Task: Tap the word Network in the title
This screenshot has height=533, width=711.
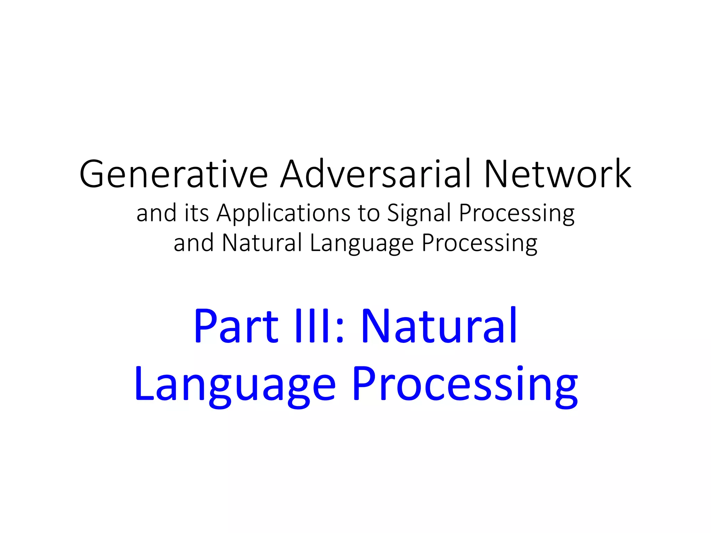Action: (x=558, y=174)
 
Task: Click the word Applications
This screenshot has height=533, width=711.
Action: (x=284, y=213)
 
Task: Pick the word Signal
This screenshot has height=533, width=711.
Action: (x=419, y=213)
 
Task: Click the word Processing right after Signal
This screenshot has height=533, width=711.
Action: (x=517, y=213)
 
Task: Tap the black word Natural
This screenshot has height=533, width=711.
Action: (x=262, y=243)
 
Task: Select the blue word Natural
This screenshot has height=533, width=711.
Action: (x=439, y=326)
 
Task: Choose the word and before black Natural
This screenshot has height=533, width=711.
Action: (x=193, y=243)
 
